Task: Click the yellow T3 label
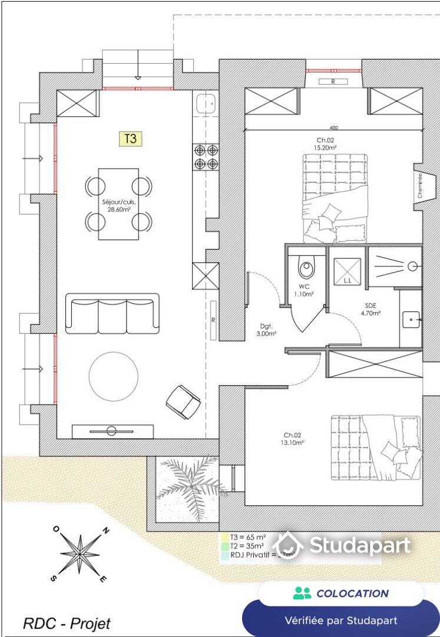131,139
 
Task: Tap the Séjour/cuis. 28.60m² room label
119,205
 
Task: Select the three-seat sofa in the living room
112,313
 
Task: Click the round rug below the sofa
114,375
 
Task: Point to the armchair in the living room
183,402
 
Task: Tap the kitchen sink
206,104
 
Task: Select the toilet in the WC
306,268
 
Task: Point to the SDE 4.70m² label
370,309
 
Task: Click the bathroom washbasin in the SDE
411,320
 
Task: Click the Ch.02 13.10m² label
292,439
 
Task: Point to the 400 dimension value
334,127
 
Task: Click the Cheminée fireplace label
420,185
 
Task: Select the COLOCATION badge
341,593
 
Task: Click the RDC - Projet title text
67,623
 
